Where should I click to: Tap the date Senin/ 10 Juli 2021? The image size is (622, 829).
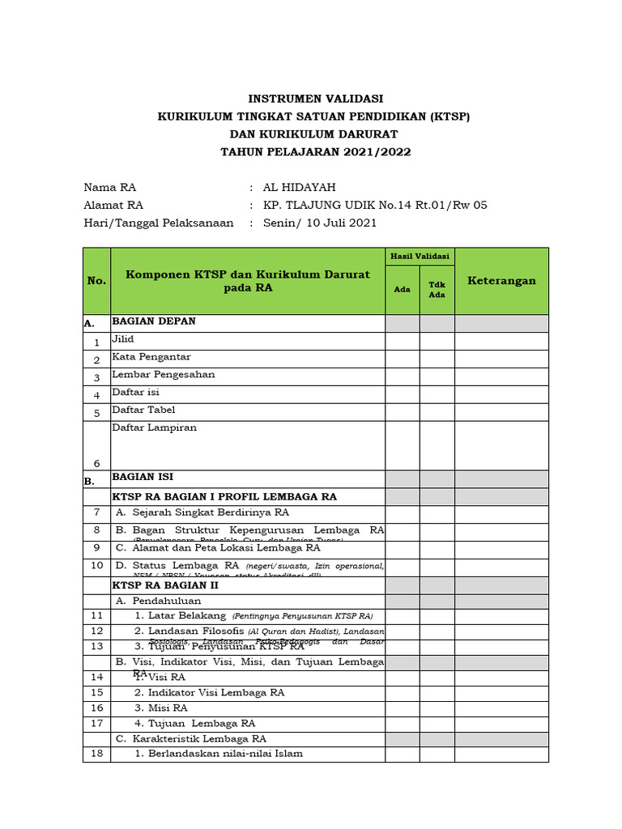tap(320, 223)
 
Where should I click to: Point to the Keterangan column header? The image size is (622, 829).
tap(501, 281)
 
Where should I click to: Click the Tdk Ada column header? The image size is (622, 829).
tap(437, 290)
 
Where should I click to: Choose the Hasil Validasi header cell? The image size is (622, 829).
tap(420, 257)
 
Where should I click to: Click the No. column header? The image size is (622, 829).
tap(96, 281)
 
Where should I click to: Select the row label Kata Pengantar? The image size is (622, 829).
tap(151, 357)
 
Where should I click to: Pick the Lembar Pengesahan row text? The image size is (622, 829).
tap(157, 375)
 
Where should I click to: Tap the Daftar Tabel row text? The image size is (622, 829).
tap(143, 410)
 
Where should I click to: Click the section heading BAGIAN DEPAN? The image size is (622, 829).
tap(154, 321)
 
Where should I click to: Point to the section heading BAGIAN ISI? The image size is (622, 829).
tap(143, 477)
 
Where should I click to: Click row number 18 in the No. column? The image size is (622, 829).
tap(96, 754)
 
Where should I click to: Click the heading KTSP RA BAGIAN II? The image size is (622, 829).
tap(164, 584)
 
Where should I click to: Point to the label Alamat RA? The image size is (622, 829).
tap(113, 205)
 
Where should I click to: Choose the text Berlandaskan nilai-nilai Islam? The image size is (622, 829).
tap(219, 754)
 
